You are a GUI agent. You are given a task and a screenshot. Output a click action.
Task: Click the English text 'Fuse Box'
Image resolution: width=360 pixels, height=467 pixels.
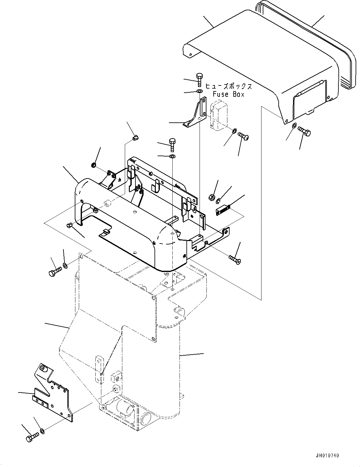pos(228,94)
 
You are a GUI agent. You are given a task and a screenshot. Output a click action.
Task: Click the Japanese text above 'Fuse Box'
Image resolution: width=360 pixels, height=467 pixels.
pos(228,86)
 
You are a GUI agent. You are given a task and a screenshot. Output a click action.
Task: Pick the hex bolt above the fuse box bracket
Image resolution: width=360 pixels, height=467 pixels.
pos(199,80)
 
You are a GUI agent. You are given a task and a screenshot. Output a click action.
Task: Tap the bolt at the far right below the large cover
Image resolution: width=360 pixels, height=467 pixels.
pos(304,131)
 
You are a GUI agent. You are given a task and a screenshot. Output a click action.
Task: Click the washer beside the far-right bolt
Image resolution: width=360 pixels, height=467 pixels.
pos(295,125)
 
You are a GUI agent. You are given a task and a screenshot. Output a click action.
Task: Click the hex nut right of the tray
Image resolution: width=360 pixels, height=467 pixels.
pos(211,197)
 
